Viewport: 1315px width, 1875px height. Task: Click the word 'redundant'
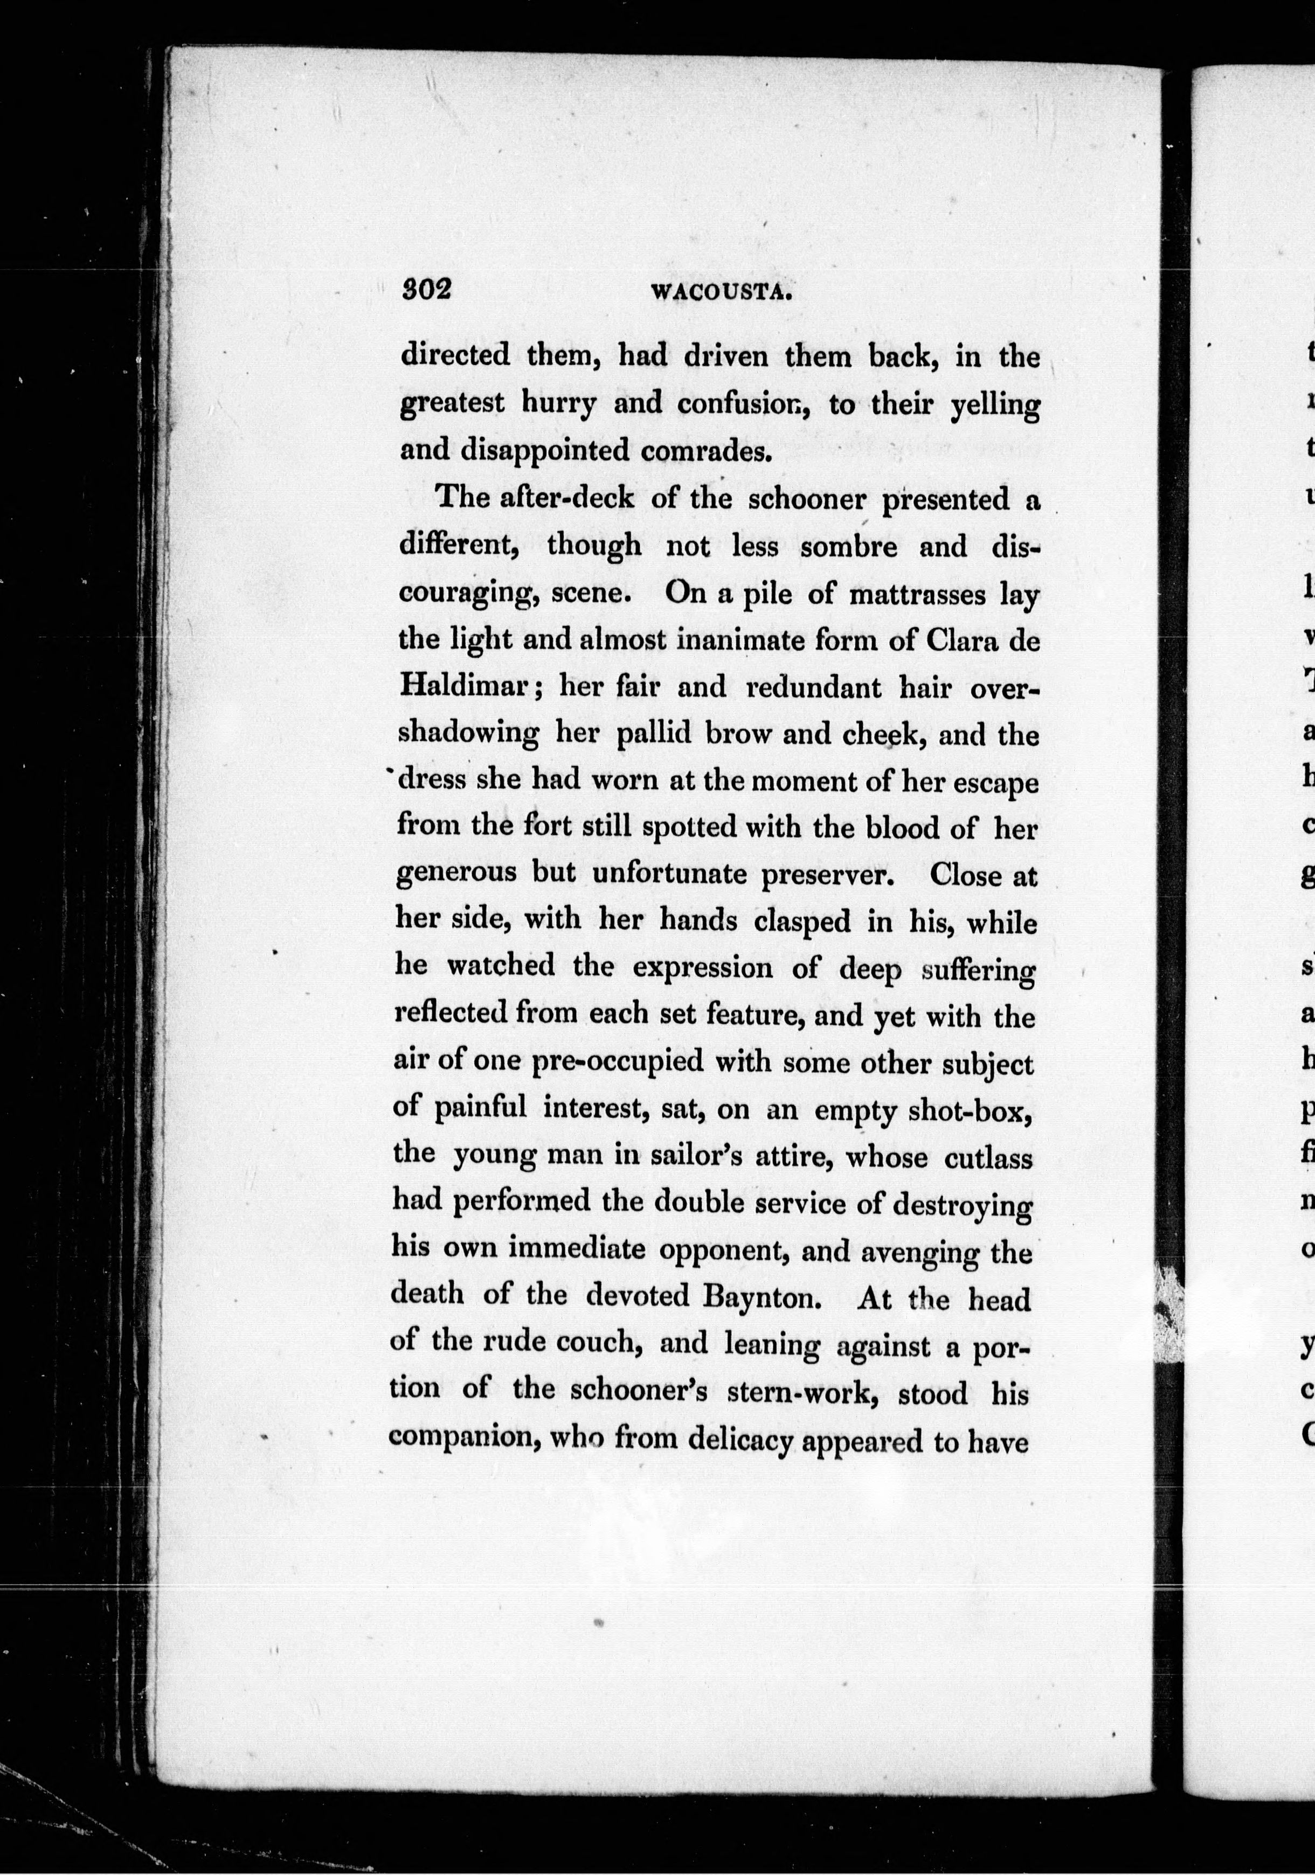[x=813, y=687]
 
